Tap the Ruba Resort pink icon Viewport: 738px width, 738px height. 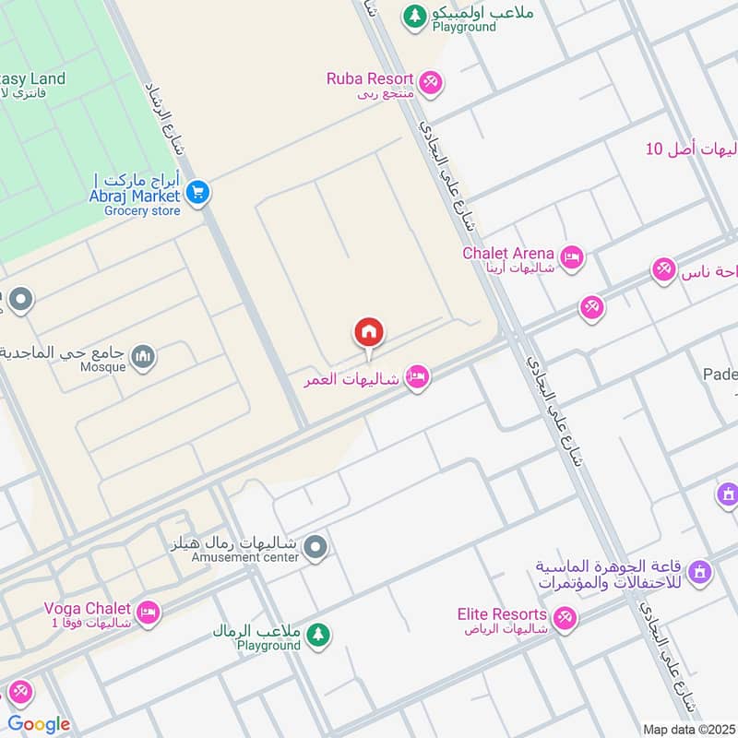coord(429,82)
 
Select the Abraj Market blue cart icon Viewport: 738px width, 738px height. coord(196,194)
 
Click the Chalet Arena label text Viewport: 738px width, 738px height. coord(508,253)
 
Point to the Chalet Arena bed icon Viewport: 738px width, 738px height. coord(572,258)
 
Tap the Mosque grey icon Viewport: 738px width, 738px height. coord(142,356)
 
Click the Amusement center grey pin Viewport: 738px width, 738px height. coord(316,548)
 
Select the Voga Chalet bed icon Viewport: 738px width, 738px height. coord(148,612)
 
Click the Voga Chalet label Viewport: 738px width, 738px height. coord(88,608)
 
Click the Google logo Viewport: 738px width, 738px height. coord(39,724)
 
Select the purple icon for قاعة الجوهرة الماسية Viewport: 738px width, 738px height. coord(700,572)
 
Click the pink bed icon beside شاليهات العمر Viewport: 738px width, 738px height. coord(418,377)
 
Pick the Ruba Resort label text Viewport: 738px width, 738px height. coord(370,78)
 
